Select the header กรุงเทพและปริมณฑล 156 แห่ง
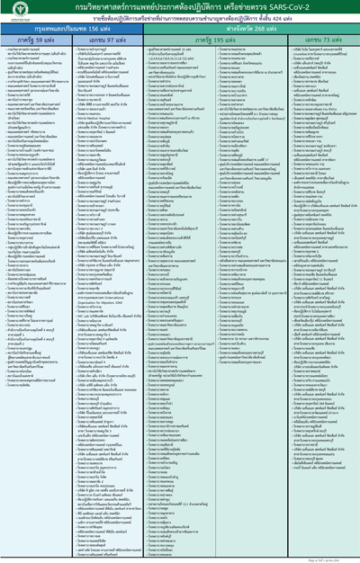tap(67, 30)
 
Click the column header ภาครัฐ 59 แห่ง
tap(33, 41)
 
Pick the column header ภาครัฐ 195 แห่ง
tap(212, 41)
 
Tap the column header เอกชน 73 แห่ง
tap(321, 41)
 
